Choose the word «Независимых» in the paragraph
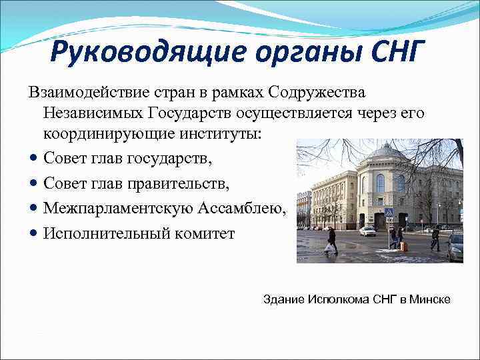pos(93,114)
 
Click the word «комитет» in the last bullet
pos(205,234)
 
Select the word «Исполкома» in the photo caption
pos(337,299)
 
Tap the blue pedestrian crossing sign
pos(389,212)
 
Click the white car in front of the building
pos(367,231)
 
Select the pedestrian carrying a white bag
pos(331,241)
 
